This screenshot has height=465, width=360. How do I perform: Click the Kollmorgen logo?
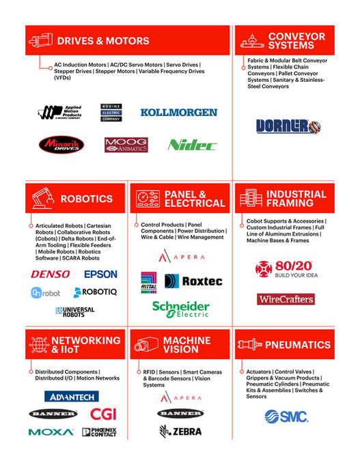point(178,112)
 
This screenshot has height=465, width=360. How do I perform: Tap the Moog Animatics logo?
point(126,145)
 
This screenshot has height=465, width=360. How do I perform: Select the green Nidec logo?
point(192,145)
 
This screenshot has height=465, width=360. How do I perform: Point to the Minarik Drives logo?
point(61,144)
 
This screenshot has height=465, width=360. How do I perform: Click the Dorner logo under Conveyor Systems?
point(288,126)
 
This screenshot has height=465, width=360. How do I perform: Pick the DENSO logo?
point(50,274)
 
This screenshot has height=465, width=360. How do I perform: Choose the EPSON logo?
point(100,274)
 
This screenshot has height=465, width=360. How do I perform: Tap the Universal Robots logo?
point(75,311)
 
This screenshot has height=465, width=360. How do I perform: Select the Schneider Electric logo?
point(180,309)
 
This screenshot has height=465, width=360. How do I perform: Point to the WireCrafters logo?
point(286,299)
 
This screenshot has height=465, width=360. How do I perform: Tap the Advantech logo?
point(72,396)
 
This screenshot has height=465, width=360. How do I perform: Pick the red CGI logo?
point(103,414)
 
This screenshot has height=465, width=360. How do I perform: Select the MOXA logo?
point(51,432)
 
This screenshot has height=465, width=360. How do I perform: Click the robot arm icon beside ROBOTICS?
point(43,199)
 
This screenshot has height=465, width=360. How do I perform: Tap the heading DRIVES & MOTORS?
point(103,41)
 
